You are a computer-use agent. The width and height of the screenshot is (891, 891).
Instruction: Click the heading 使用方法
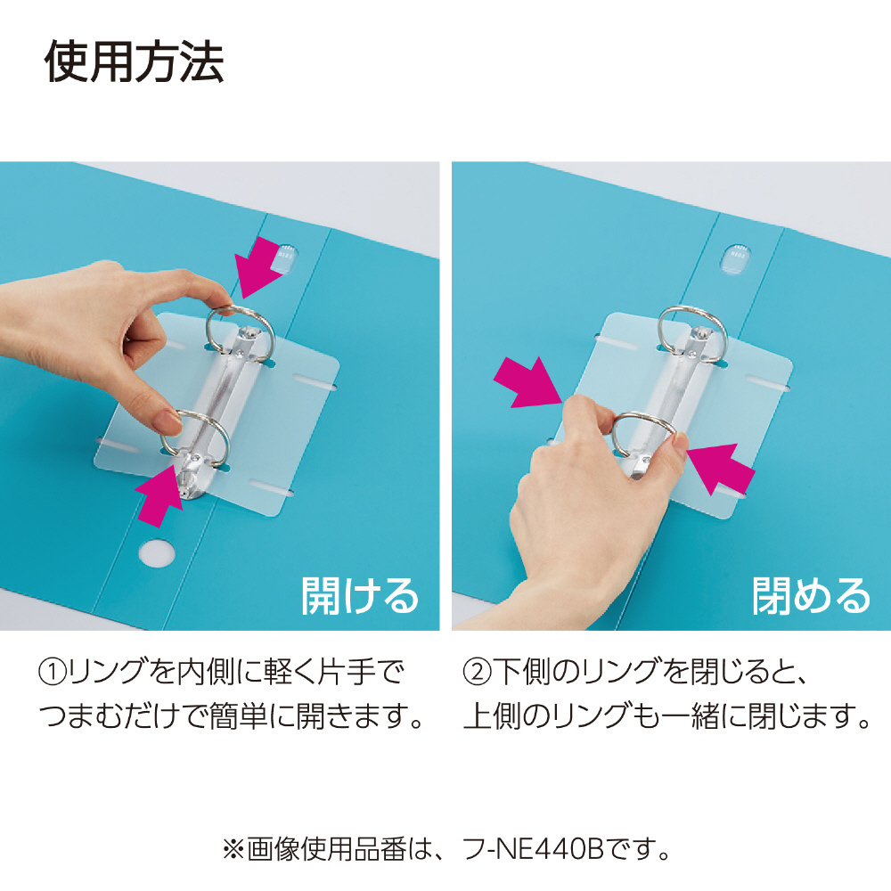tap(134, 62)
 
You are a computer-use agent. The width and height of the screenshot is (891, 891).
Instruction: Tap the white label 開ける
tap(360, 595)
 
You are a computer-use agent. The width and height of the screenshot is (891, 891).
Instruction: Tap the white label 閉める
tap(812, 595)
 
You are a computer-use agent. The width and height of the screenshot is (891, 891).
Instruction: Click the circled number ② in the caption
tap(478, 672)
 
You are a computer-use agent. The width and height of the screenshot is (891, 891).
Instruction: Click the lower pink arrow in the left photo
tap(159, 495)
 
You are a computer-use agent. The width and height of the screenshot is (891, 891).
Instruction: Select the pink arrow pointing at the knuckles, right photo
tap(527, 382)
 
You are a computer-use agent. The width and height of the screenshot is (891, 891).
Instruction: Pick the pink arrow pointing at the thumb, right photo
tap(721, 467)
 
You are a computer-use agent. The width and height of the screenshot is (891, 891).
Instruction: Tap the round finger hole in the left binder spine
tap(156, 553)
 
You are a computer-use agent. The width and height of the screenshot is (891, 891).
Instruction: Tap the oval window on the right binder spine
tap(737, 258)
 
